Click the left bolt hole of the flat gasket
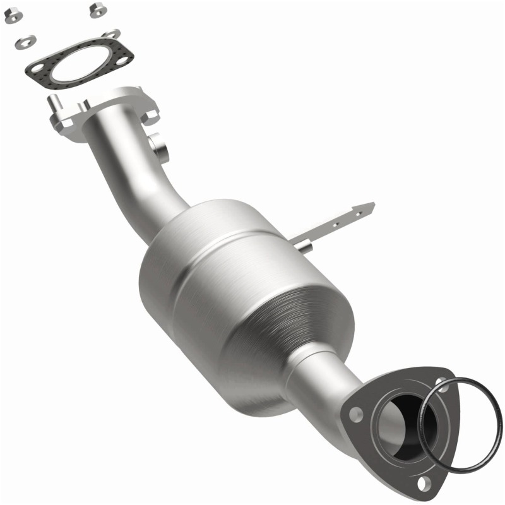click(x=36, y=66)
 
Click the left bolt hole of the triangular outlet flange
click(x=356, y=416)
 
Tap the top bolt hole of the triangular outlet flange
click(x=442, y=381)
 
